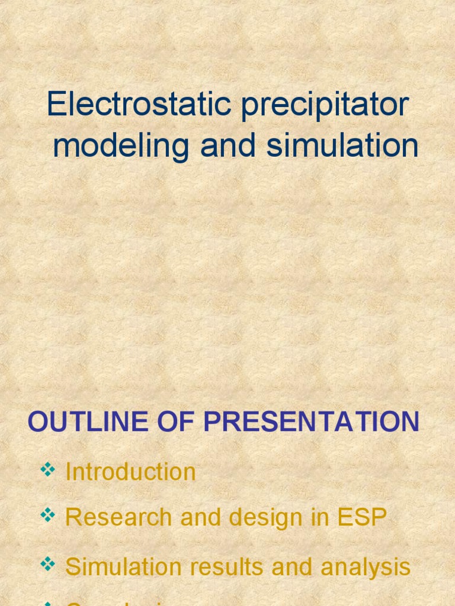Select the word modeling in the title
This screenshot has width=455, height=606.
pyautogui.click(x=121, y=147)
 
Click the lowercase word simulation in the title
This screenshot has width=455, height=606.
pyautogui.click(x=342, y=146)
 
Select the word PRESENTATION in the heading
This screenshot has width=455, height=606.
pyautogui.click(x=312, y=422)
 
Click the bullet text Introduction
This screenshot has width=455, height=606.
pyautogui.click(x=130, y=472)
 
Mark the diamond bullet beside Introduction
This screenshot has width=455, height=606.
pyautogui.click(x=47, y=470)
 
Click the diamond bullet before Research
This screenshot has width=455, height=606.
pyautogui.click(x=47, y=516)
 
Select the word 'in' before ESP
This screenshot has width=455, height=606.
pyautogui.click(x=314, y=517)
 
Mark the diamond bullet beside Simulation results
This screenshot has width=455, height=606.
pyautogui.click(x=47, y=565)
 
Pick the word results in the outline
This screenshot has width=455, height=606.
pyautogui.click(x=225, y=566)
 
